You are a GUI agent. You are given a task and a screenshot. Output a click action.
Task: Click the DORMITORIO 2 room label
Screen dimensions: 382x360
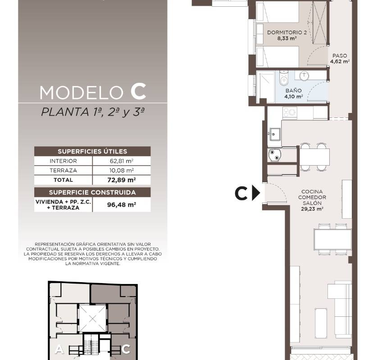click(x=287, y=32)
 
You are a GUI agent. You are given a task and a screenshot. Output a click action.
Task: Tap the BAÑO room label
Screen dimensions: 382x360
click(x=294, y=90)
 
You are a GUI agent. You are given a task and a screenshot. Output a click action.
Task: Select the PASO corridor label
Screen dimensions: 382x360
click(x=340, y=56)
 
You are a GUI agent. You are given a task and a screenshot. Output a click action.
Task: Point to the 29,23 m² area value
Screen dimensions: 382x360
click(x=312, y=209)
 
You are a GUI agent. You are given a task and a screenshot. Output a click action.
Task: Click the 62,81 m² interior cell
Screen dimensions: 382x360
click(x=121, y=161)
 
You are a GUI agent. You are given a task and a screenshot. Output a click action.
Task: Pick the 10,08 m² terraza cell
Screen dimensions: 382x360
click(x=121, y=171)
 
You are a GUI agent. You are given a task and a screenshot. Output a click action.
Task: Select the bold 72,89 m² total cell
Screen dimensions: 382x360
click(x=121, y=180)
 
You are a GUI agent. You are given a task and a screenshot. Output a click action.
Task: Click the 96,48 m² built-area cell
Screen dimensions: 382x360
click(x=121, y=205)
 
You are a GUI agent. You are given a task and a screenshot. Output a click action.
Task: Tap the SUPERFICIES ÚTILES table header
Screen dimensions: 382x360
click(x=92, y=151)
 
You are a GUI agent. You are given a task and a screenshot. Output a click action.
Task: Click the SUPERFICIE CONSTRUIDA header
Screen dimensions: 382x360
click(x=92, y=192)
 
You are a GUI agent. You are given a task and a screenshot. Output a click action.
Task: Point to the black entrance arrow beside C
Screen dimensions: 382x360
click(x=256, y=193)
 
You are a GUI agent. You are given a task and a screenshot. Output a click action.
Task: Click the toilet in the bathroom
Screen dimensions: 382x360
click(x=284, y=78)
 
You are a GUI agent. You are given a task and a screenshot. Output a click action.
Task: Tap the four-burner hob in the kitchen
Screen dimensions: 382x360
click(x=290, y=112)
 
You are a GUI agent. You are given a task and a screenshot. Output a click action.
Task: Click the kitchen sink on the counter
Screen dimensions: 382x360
click(x=274, y=134)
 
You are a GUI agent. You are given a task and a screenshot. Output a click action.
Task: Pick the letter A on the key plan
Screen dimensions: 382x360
click(x=59, y=349)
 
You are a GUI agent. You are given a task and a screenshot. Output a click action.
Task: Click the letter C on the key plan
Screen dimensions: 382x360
click(x=126, y=349)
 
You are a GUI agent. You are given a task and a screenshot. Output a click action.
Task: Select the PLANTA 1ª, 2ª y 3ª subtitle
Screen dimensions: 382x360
click(x=93, y=112)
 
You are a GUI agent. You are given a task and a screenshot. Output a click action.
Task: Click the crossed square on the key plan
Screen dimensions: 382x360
click(x=93, y=319)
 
